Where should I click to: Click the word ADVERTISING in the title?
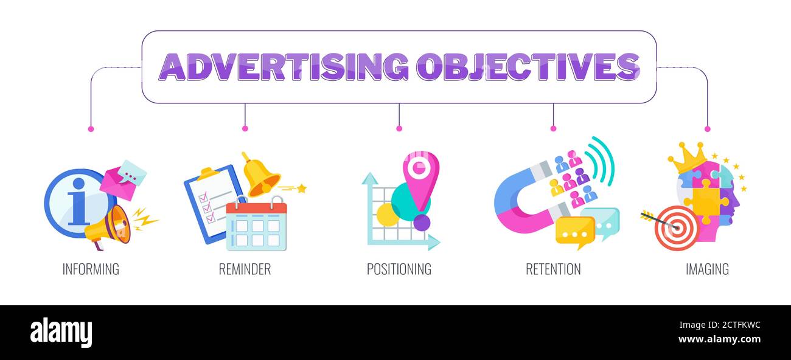[284, 67]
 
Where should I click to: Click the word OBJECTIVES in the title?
[528, 67]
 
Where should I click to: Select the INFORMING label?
[91, 269]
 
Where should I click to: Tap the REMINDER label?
[245, 269]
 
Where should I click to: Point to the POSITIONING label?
[399, 269]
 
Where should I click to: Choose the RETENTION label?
[553, 269]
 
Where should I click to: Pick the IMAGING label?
[707, 269]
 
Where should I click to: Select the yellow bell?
[260, 176]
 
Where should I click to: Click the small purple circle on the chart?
[422, 223]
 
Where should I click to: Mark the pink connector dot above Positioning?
[399, 128]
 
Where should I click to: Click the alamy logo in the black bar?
[61, 333]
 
